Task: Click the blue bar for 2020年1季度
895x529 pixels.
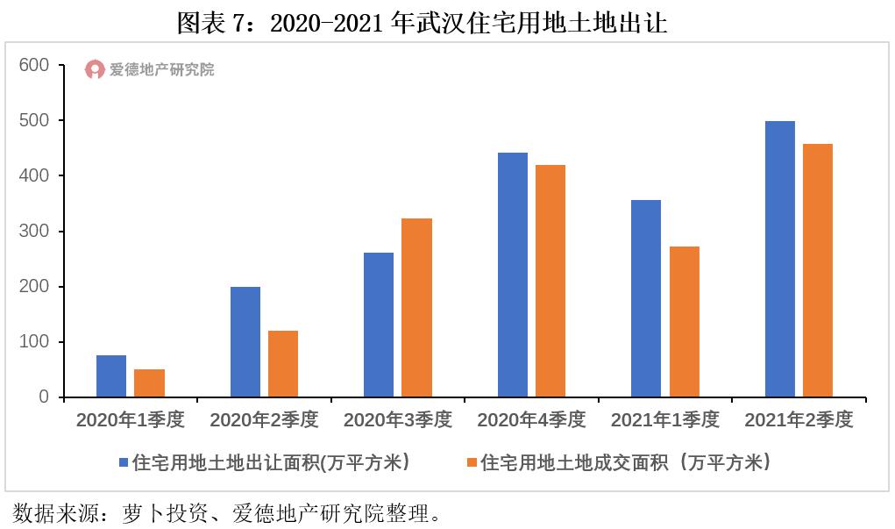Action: pos(111,376)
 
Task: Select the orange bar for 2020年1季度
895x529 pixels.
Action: pos(149,383)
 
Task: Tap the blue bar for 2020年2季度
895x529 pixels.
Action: pos(245,342)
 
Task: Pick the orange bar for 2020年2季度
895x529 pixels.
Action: pos(283,364)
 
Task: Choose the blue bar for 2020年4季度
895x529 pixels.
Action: pos(513,275)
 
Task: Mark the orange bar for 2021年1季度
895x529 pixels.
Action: pos(685,322)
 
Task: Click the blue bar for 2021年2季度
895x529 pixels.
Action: pos(780,259)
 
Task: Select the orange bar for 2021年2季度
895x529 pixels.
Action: pos(818,270)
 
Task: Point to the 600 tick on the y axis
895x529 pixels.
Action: pos(36,65)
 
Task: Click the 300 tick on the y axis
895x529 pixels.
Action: pos(36,232)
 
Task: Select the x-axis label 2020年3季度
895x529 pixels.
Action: pos(398,420)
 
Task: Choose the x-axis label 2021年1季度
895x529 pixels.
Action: pos(665,420)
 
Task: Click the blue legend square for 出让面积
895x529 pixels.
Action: pos(124,462)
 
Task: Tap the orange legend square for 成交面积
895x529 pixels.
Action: pos(472,462)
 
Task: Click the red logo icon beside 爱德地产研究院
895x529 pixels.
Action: pos(95,69)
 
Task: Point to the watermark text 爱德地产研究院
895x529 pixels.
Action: pos(161,69)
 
